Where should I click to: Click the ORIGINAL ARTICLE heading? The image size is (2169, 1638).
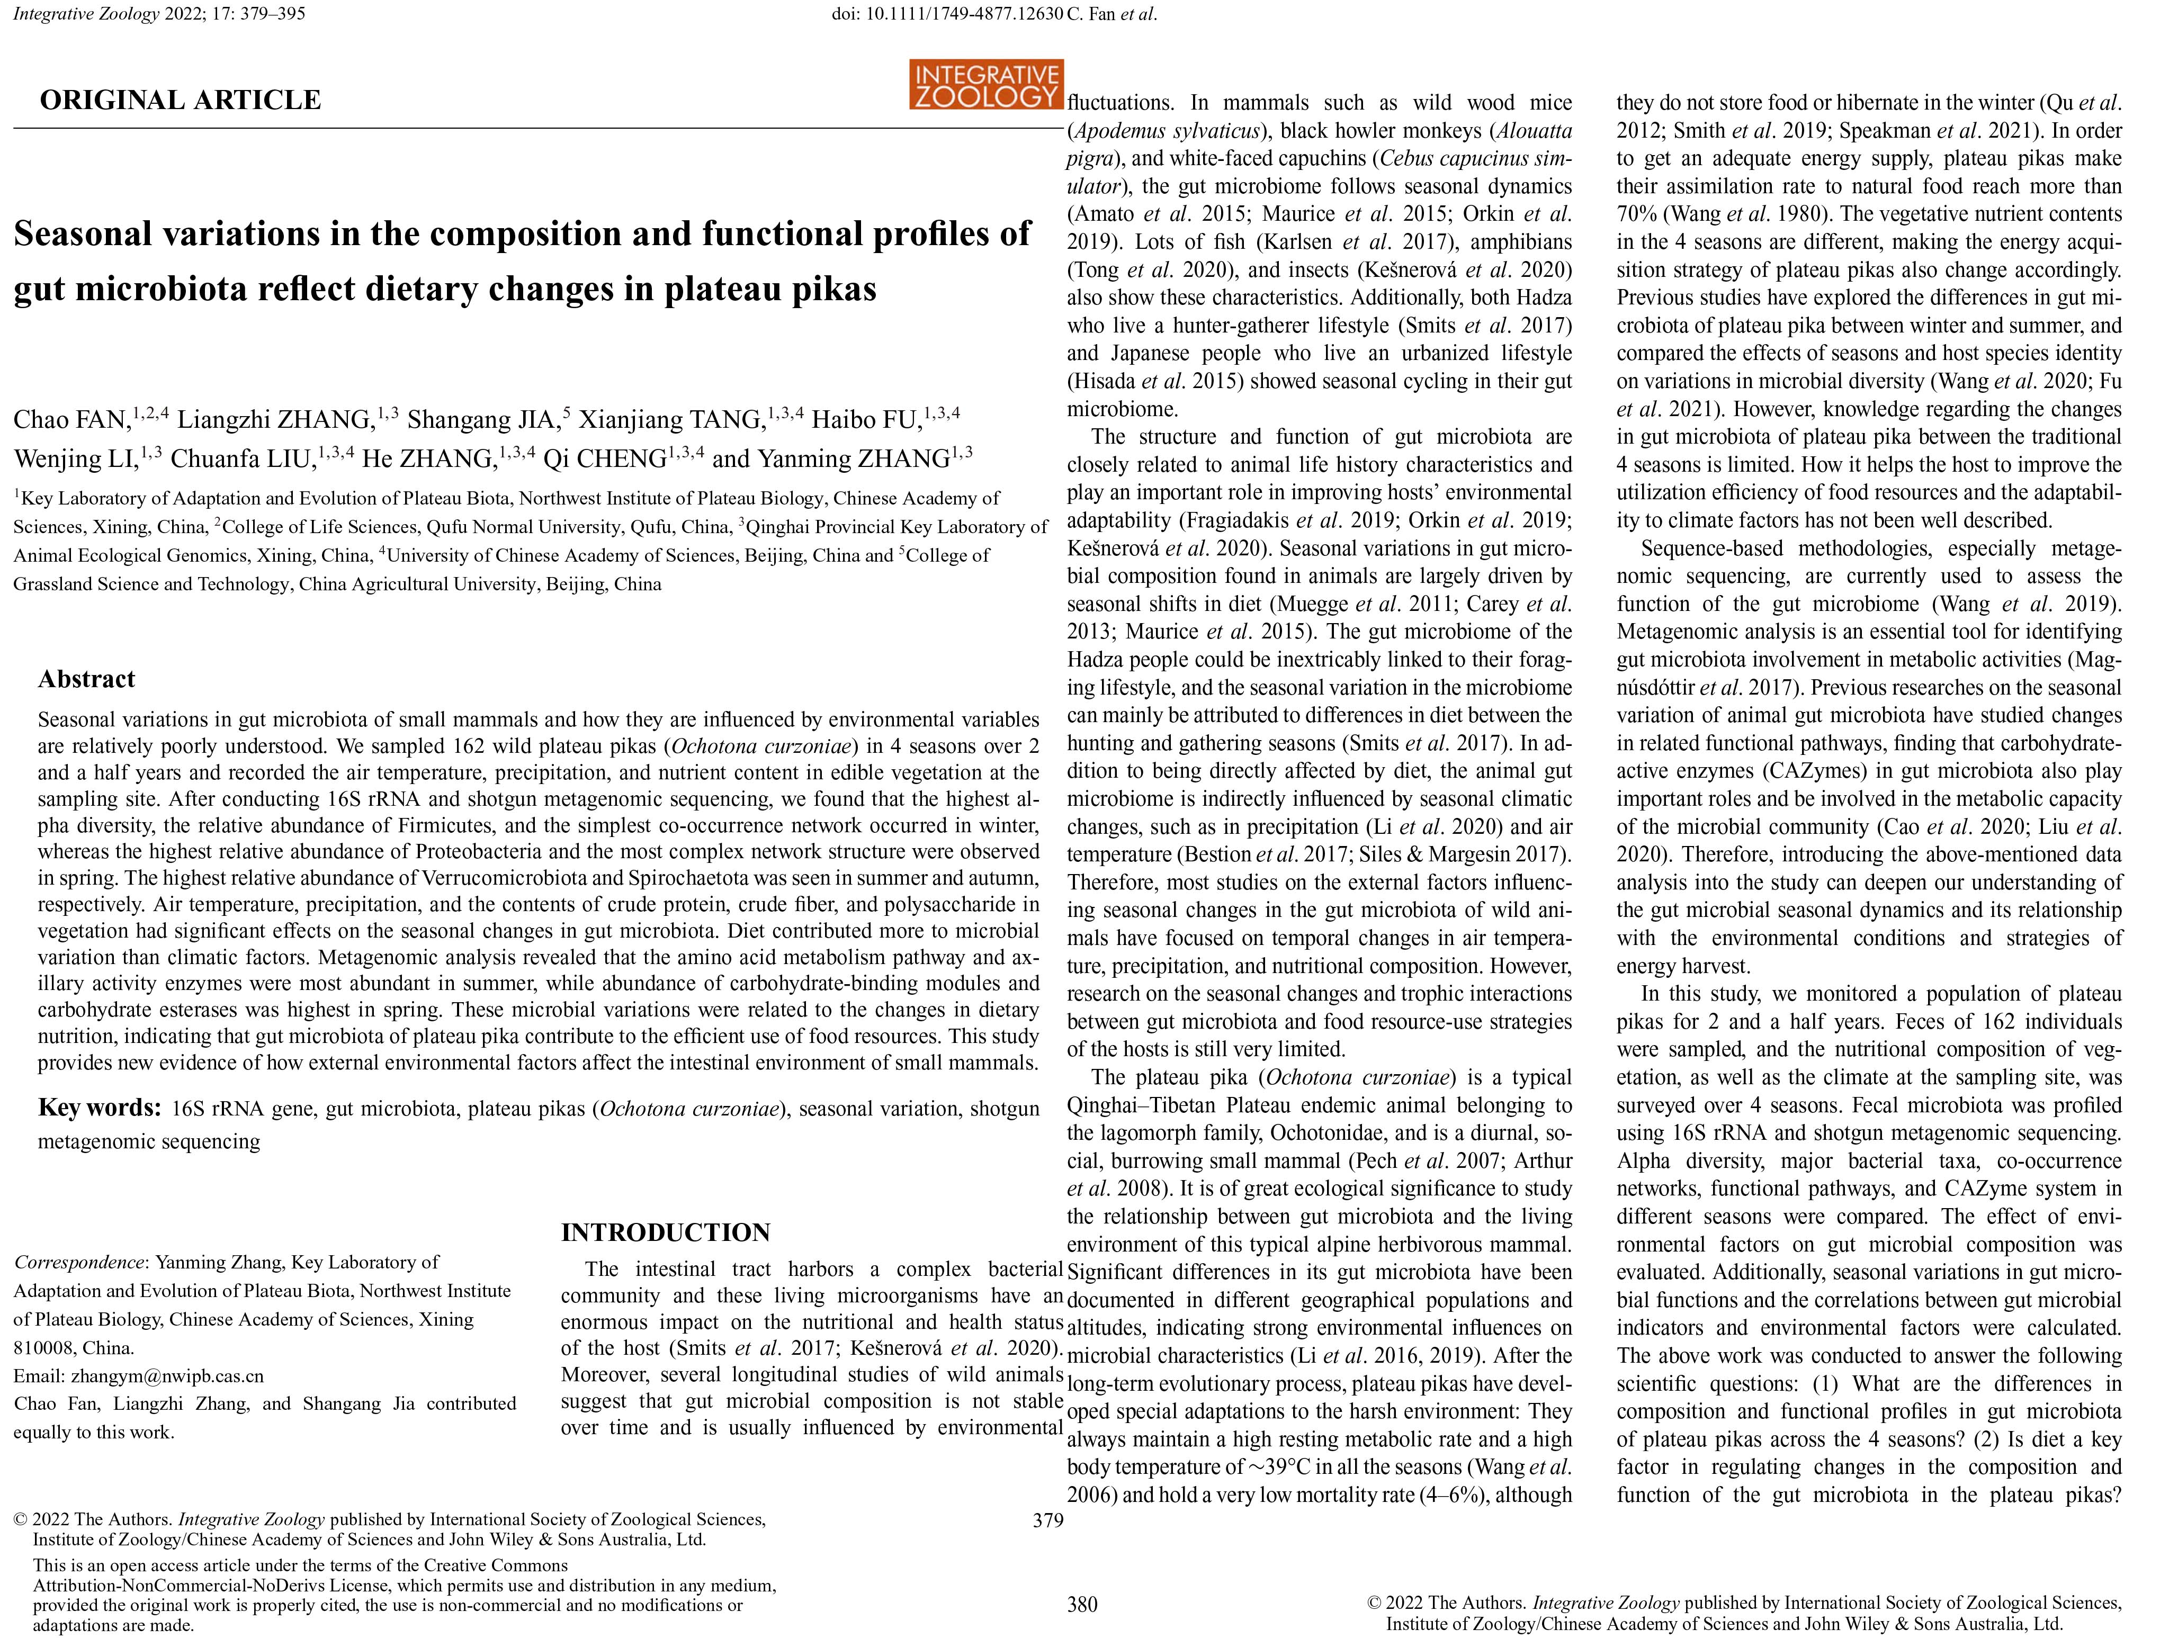tap(181, 100)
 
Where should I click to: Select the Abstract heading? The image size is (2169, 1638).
tap(86, 679)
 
